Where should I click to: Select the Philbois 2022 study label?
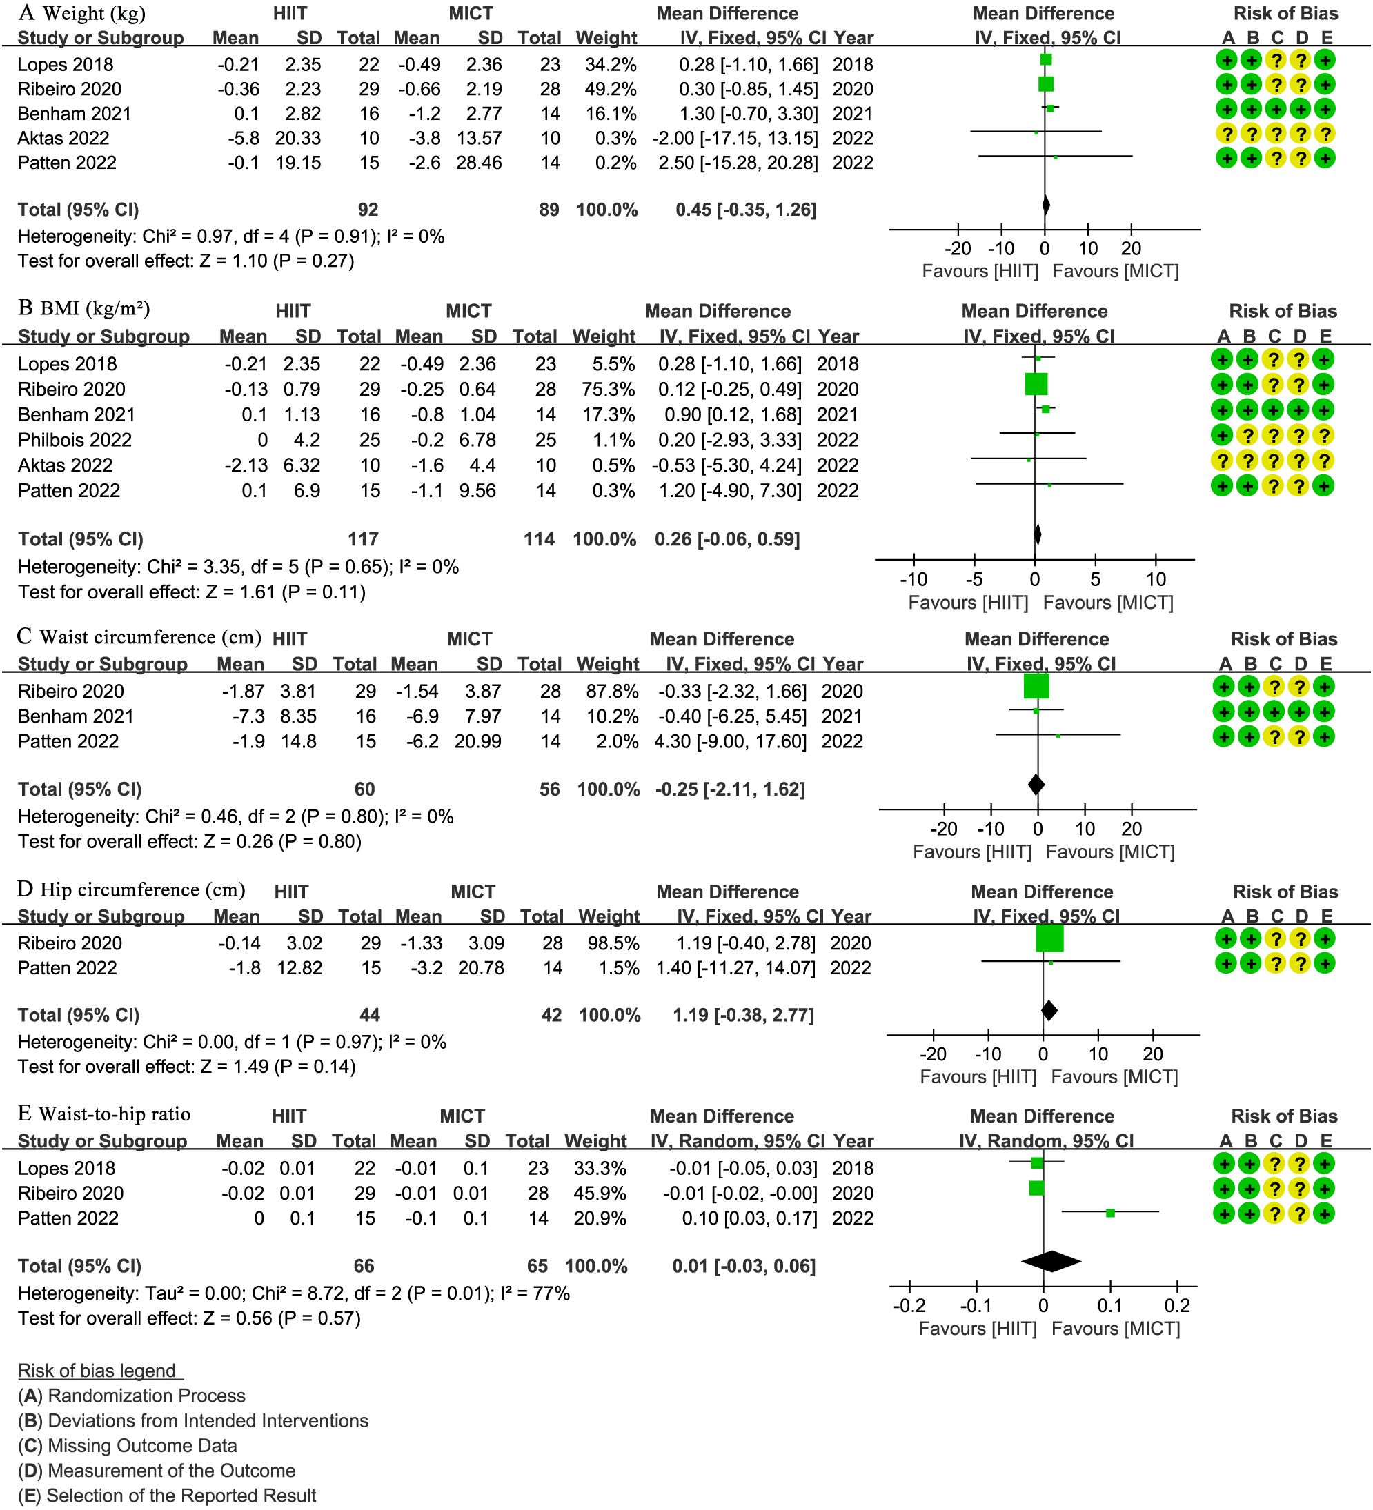coord(75,440)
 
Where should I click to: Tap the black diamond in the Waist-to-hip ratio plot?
coord(1051,1261)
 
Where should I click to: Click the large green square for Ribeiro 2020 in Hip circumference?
coord(1049,938)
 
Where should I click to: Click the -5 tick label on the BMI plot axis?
coord(974,579)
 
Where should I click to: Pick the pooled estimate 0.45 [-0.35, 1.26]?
coord(746,210)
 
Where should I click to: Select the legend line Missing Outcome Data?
coord(128,1446)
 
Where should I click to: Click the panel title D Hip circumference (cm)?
coord(132,890)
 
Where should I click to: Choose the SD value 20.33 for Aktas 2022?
coord(298,138)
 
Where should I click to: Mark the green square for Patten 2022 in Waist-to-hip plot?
coord(1111,1213)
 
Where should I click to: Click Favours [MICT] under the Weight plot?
coord(1115,271)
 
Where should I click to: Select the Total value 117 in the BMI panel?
coord(363,539)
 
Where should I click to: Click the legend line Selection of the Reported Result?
coord(167,1496)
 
